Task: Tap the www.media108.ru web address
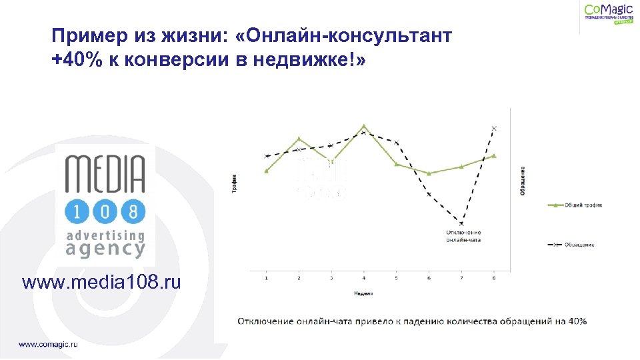coord(101,283)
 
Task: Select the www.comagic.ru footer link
coord(48,344)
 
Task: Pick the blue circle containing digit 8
coord(133,213)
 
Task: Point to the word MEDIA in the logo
coord(105,175)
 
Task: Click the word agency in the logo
coord(105,249)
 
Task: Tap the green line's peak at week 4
coord(363,125)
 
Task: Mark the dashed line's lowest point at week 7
coord(461,224)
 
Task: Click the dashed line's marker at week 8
coord(494,128)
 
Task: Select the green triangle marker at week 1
coord(267,171)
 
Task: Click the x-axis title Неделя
coord(364,293)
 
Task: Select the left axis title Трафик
coord(234,183)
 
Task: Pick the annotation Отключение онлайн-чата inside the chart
coord(463,235)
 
